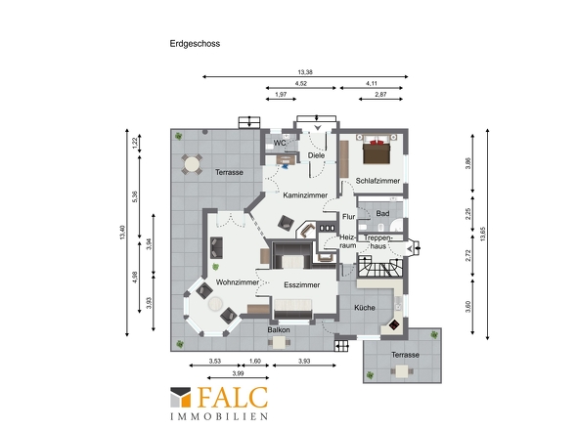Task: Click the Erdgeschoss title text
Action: point(195,44)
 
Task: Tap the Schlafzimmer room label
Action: point(377,181)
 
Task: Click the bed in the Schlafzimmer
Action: point(377,150)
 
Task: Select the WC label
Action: point(280,143)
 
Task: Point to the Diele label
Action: point(316,155)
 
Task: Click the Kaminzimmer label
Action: point(305,195)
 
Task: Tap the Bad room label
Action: point(382,213)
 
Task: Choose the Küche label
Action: point(365,308)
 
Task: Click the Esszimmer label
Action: point(302,285)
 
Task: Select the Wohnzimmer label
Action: point(238,282)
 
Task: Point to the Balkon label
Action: point(279,330)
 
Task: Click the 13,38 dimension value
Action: point(305,72)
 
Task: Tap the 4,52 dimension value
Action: point(300,83)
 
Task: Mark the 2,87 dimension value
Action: point(380,95)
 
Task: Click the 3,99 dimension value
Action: point(238,373)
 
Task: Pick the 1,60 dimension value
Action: point(254,362)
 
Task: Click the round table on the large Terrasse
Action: point(192,164)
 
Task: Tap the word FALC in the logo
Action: point(232,398)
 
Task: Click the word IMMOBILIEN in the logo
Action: point(219,416)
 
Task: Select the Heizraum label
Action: point(348,241)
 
